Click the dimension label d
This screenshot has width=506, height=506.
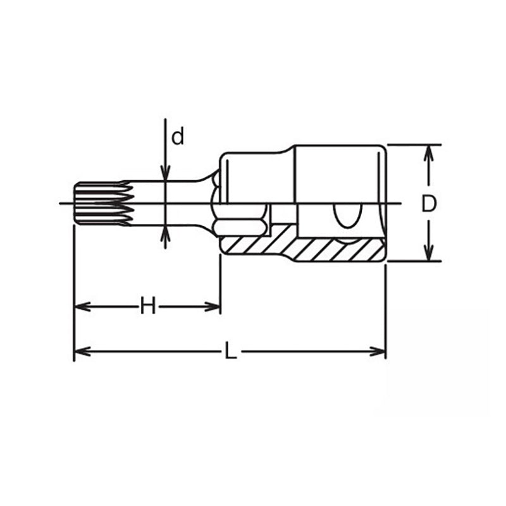(x=178, y=136)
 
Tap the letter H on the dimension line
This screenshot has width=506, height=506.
(x=147, y=307)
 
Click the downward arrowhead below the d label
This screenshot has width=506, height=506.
(x=164, y=173)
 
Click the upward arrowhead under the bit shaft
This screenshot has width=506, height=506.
(x=164, y=233)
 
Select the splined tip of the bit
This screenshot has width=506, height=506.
(x=101, y=203)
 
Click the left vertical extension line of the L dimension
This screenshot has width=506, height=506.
(x=75, y=285)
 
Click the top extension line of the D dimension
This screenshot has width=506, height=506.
(x=411, y=145)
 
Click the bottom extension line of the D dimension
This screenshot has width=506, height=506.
(x=411, y=261)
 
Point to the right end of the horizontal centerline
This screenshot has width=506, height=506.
(x=400, y=203)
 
